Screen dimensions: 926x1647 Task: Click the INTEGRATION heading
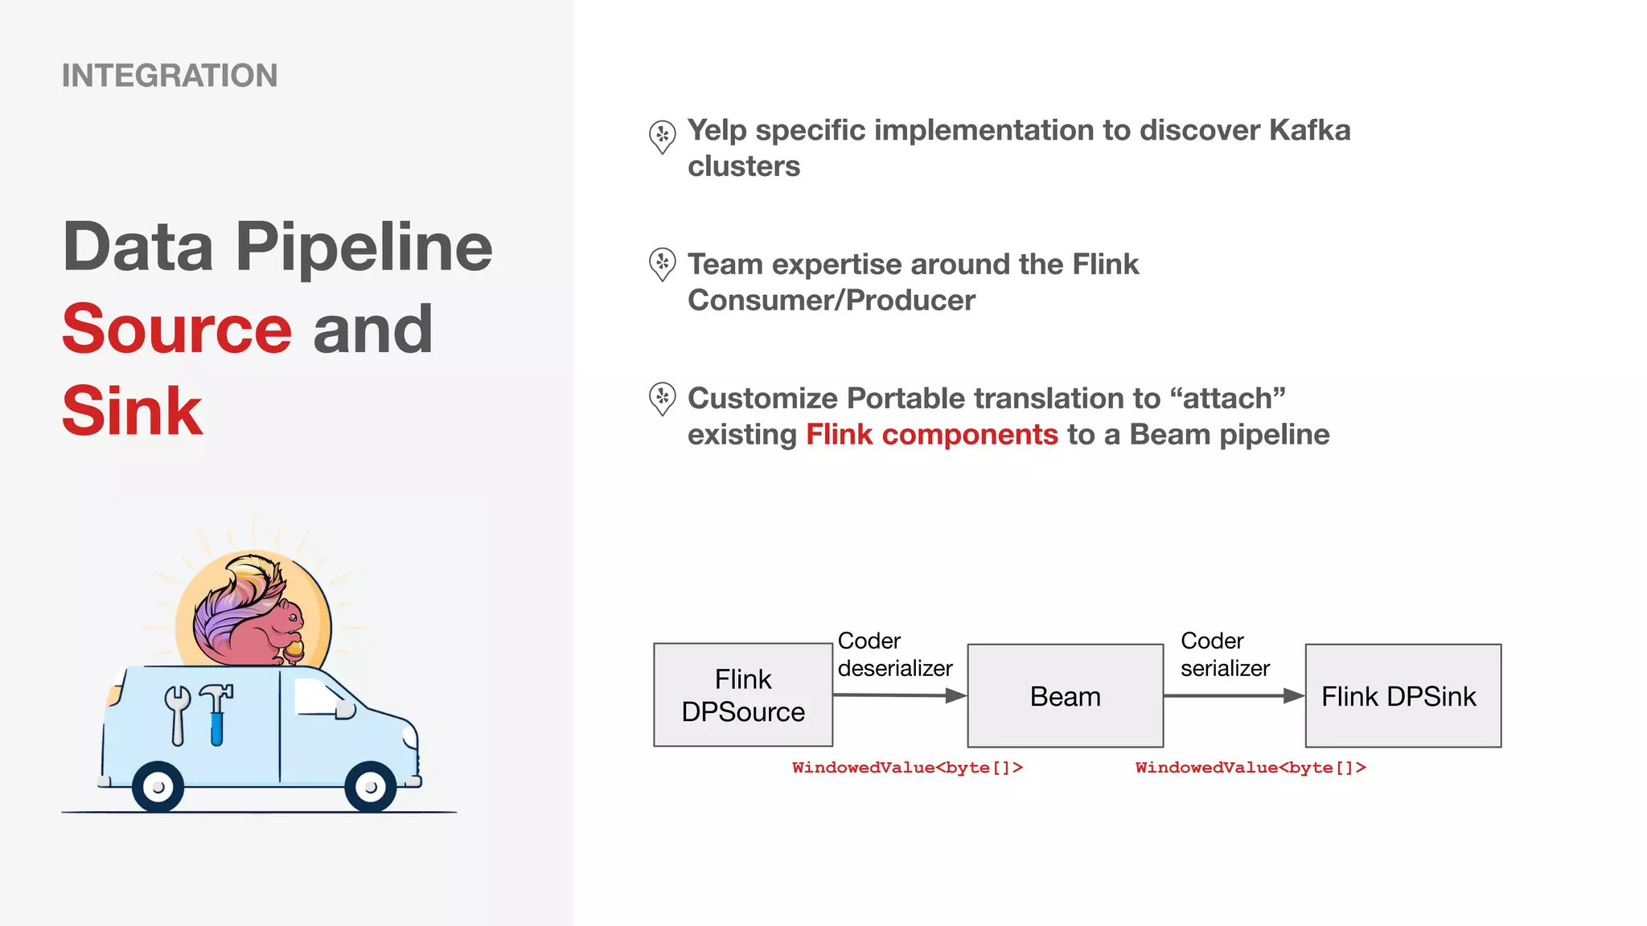170,76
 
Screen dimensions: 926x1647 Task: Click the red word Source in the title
177,329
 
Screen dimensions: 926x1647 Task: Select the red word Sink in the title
133,411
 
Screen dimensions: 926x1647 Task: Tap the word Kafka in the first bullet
1309,130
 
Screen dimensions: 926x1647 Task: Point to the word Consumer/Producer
831,301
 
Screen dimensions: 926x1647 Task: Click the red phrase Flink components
931,435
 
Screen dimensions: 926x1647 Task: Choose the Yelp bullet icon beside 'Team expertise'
662,264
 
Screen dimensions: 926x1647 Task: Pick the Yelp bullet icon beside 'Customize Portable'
662,398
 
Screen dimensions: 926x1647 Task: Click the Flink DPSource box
742,695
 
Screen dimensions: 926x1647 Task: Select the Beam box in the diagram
1065,696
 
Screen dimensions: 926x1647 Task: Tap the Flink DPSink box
1403,696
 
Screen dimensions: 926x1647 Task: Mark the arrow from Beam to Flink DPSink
1234,696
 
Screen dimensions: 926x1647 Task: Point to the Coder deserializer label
893,654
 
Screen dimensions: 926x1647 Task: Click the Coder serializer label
1224,654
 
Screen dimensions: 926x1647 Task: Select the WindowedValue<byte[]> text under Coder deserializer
907,768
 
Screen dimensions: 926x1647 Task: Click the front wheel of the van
370,787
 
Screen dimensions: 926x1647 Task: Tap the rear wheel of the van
158,787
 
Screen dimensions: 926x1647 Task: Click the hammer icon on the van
216,711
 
